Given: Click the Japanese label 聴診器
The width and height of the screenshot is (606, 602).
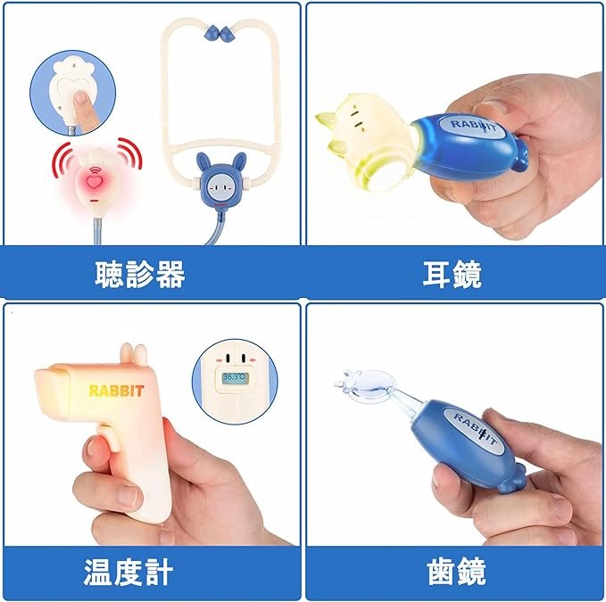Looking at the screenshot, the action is pyautogui.click(x=140, y=274).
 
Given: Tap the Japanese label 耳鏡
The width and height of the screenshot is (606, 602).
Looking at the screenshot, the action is pyautogui.click(x=452, y=274).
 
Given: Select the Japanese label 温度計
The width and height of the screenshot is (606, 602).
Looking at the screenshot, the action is pyautogui.click(x=129, y=572).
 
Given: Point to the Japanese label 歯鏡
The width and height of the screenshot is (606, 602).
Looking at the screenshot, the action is pyautogui.click(x=456, y=572).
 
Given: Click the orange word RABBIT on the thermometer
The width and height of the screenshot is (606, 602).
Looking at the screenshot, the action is pyautogui.click(x=116, y=391).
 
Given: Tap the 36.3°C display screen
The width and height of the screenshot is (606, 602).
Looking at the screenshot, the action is pyautogui.click(x=235, y=378).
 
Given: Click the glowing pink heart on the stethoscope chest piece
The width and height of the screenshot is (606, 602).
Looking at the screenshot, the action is pyautogui.click(x=94, y=181).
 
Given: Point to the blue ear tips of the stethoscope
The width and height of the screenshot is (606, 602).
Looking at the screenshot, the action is pyautogui.click(x=221, y=34).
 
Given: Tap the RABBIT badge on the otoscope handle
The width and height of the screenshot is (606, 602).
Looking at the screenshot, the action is pyautogui.click(x=473, y=127).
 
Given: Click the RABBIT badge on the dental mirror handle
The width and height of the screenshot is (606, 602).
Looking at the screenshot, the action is pyautogui.click(x=474, y=430).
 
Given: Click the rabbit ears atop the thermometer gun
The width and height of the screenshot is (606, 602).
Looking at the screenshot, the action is pyautogui.click(x=134, y=354).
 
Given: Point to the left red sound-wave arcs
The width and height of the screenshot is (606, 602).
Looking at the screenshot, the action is pyautogui.click(x=62, y=159).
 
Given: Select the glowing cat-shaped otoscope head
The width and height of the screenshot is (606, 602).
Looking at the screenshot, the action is pyautogui.click(x=366, y=141).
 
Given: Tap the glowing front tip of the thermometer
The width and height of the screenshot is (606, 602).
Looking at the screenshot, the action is pyautogui.click(x=52, y=389).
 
